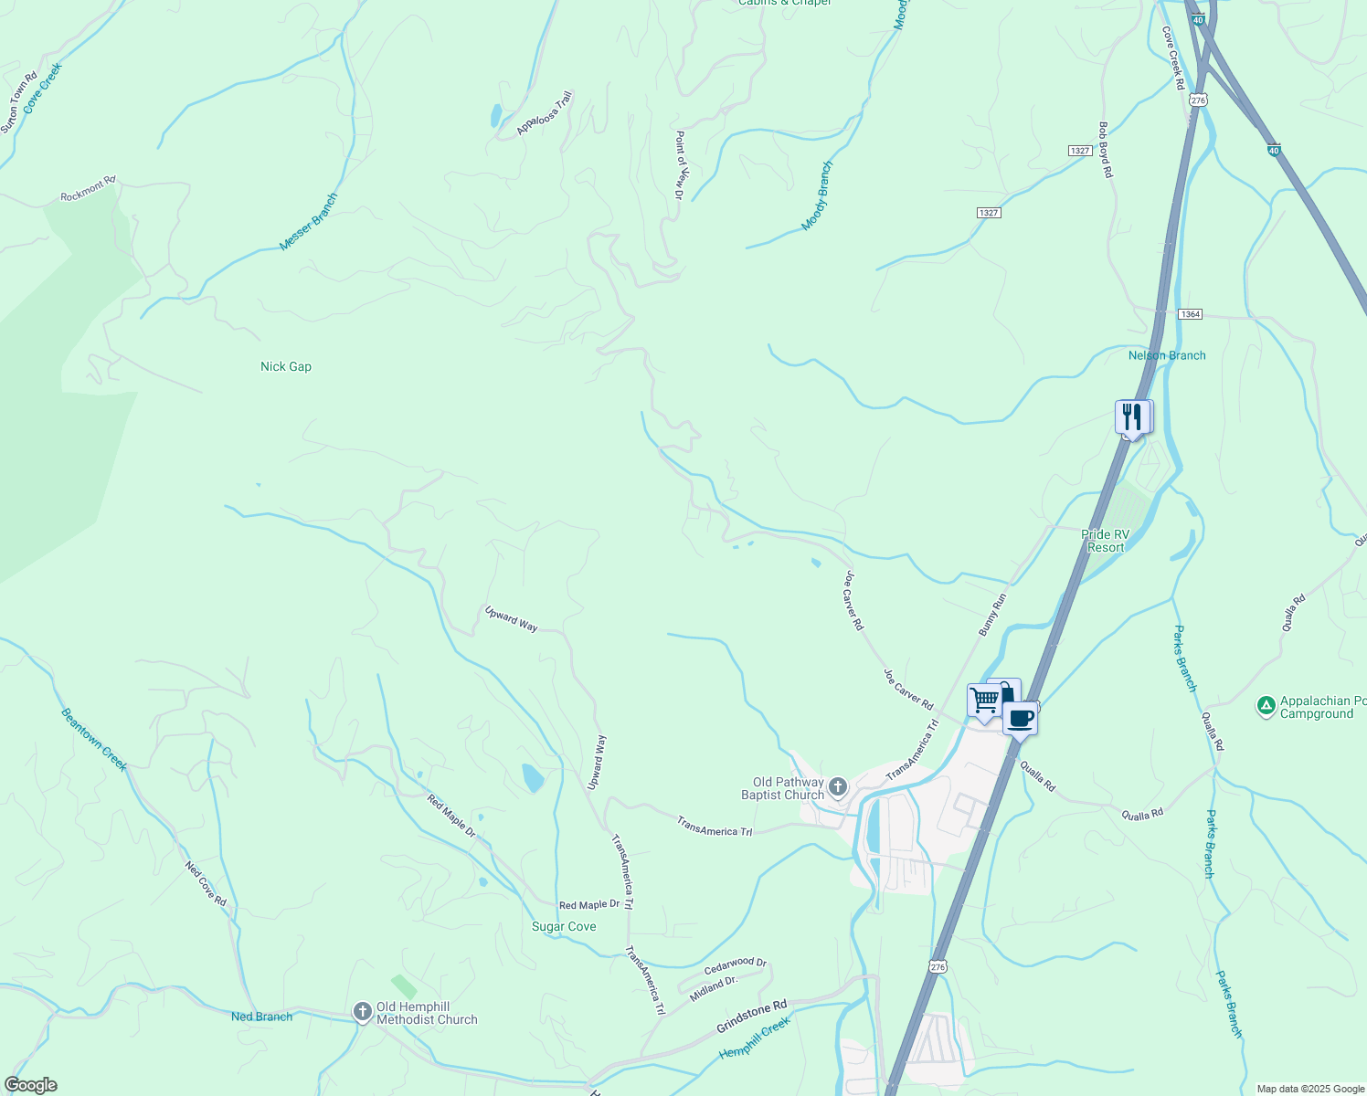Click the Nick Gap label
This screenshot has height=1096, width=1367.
pos(286,366)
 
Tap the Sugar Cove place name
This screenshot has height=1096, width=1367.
pos(564,926)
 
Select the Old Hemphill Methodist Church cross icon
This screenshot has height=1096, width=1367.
pos(362,1012)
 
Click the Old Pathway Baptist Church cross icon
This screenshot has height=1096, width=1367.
pos(838,785)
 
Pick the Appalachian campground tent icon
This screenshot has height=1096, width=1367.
pos(1266,705)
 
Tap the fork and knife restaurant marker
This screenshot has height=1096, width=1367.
pos(1132,417)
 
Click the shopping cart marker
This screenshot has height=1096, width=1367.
pos(984,701)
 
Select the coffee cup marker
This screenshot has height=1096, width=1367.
pos(1020,718)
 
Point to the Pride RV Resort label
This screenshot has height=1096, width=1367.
pos(1106,541)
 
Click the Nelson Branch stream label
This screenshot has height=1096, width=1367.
pos(1167,355)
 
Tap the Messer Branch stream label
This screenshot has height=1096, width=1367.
pos(309,222)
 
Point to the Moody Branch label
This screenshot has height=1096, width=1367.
pos(818,196)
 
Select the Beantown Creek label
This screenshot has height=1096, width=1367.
pos(94,740)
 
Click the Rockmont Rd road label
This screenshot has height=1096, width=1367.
pos(88,189)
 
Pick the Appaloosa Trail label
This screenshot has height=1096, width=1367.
pos(545,113)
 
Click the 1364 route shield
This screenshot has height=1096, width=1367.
pos(1190,314)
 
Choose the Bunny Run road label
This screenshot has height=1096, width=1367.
pos(992,615)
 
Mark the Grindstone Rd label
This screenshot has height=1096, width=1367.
pos(751,1017)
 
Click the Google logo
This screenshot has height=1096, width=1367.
pos(30,1085)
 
